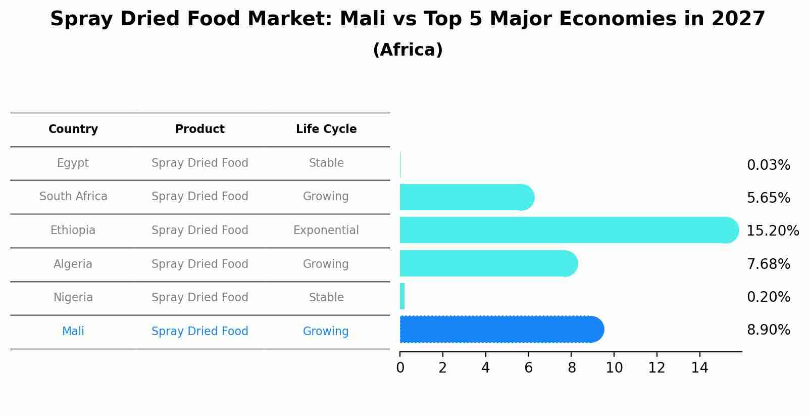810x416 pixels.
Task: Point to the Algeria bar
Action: [488, 263]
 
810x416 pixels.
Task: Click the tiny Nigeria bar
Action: [402, 296]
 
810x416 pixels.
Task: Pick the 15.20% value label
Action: [772, 231]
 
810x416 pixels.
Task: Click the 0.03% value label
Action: [768, 165]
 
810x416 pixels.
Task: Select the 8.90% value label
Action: [768, 330]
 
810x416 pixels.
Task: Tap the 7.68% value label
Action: [768, 264]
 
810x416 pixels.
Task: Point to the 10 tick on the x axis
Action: [614, 368]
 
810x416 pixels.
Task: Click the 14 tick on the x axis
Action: [699, 368]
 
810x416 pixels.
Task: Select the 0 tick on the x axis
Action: [400, 368]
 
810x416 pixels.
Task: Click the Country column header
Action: [73, 129]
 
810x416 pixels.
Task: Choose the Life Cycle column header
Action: [326, 129]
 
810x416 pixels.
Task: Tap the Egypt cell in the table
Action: [73, 163]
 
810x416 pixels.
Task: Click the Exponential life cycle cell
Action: [326, 230]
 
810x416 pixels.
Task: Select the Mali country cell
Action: [73, 332]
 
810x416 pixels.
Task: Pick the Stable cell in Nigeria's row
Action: [326, 298]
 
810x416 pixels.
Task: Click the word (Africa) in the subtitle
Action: [408, 50]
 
